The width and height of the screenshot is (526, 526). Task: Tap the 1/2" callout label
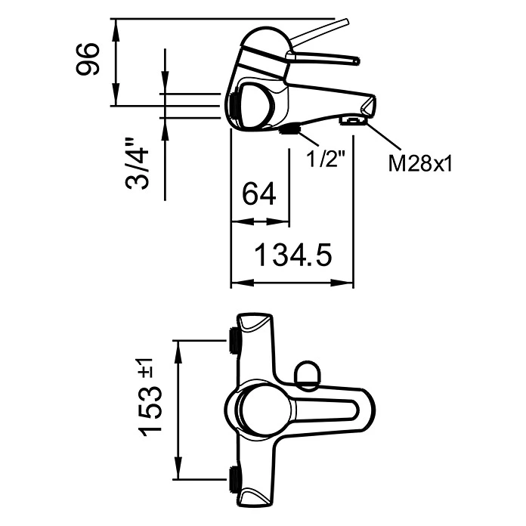(326, 159)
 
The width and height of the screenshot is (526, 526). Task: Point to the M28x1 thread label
(419, 163)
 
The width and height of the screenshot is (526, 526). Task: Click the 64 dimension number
(259, 195)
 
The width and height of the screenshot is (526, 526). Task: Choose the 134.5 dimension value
(292, 256)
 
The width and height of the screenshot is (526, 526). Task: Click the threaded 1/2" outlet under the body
(289, 130)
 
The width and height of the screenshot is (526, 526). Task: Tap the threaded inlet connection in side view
(234, 107)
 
